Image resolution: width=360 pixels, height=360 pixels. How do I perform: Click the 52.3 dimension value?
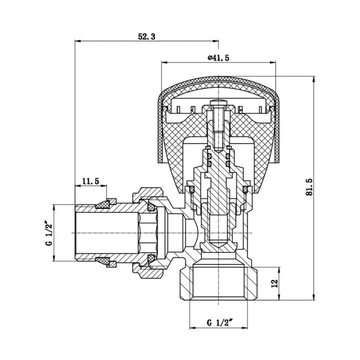(x=146, y=36)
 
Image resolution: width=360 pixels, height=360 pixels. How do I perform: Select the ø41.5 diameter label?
(x=218, y=58)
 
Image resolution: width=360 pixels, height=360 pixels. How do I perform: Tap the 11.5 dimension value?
(x=90, y=181)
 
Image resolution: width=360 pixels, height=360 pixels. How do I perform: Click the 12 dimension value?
(x=274, y=283)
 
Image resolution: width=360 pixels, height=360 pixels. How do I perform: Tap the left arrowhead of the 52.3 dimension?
(x=78, y=41)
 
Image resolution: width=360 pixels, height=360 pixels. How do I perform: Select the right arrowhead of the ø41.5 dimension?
(x=274, y=62)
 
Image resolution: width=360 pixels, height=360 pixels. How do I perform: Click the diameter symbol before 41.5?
(x=210, y=58)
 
